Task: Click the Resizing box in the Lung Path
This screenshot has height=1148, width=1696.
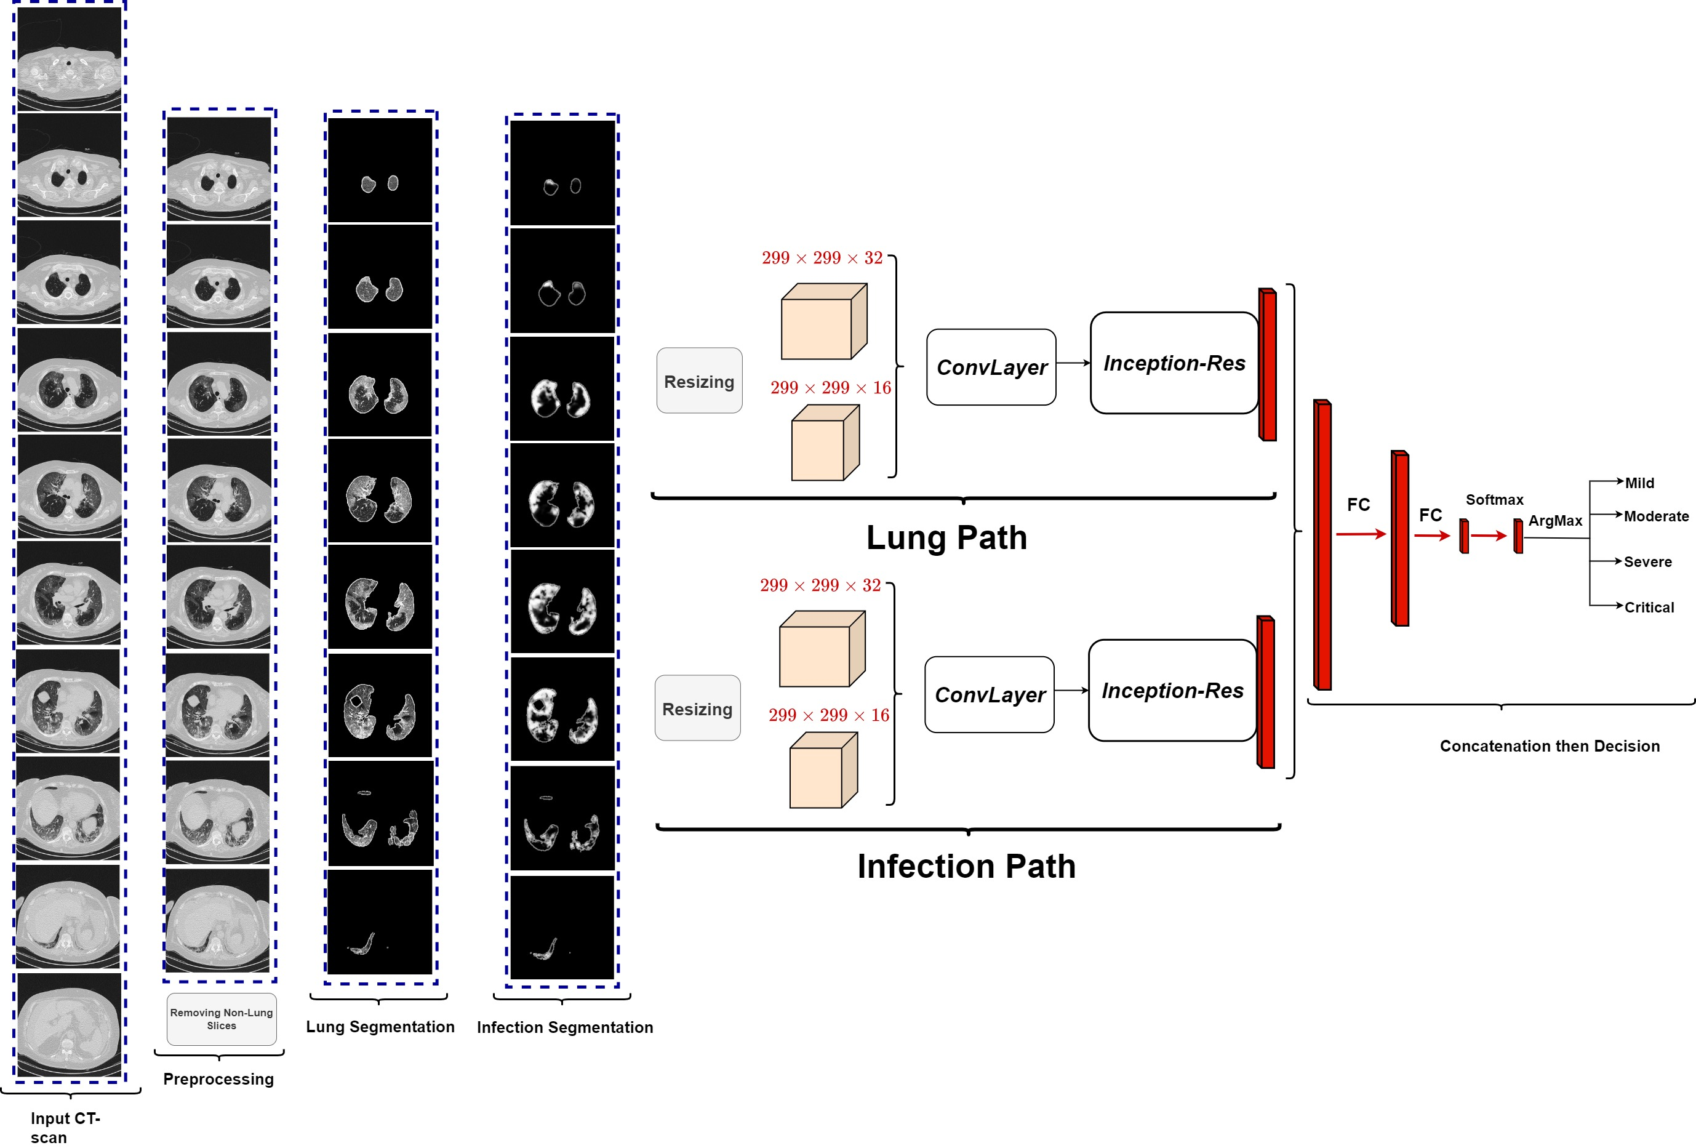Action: pos(699,381)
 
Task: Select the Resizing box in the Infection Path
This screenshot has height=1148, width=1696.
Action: pos(697,708)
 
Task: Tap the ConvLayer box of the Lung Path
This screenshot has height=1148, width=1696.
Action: pos(991,367)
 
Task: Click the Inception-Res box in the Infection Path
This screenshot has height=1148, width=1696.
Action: pos(1172,691)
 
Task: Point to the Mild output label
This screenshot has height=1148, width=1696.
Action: pos(1639,483)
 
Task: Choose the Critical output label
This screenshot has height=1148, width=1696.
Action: pos(1649,607)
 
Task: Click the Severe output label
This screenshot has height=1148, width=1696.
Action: pos(1647,562)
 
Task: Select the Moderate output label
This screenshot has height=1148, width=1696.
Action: pos(1656,516)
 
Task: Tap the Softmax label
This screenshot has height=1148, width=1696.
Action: pos(1494,500)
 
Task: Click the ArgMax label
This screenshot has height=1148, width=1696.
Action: pos(1555,520)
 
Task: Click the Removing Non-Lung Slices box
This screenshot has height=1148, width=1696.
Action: pos(221,1019)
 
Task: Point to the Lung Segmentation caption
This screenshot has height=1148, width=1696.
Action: pos(380,1027)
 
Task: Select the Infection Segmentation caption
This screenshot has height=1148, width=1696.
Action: pos(565,1027)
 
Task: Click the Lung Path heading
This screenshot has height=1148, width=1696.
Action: pos(946,538)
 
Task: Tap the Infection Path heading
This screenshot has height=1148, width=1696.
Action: pos(966,866)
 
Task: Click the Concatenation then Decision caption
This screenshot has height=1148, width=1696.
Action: pos(1550,746)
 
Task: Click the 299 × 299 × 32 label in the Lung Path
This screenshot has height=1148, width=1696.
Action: pos(822,258)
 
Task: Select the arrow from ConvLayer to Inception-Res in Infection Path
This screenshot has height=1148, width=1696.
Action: pos(1071,691)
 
